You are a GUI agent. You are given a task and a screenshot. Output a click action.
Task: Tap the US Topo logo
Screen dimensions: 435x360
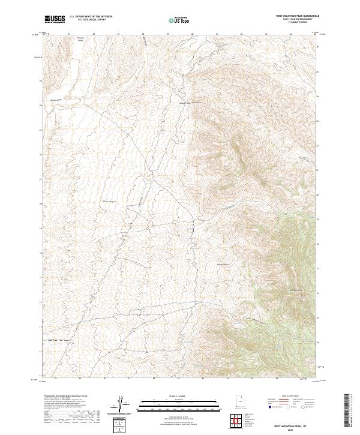tap(179, 20)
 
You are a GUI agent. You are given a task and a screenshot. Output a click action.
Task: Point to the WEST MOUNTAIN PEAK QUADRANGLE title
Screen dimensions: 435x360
tap(298, 16)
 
